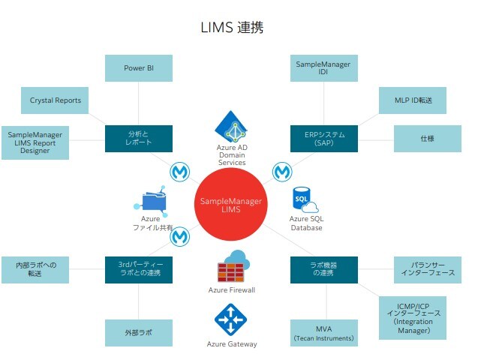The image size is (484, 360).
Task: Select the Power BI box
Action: (139, 68)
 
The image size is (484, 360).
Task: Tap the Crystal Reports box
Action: (56, 99)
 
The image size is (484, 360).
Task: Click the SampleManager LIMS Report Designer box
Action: (35, 142)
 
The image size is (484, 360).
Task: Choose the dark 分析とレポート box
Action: (139, 138)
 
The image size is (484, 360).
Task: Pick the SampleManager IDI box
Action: (323, 68)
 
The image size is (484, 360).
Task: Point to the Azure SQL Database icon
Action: (305, 200)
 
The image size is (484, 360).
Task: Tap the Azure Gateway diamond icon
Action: (231, 319)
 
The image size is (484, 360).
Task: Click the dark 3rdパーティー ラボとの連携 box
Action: (139, 269)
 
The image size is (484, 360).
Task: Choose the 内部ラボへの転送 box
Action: (35, 269)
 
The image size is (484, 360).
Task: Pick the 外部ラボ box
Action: (139, 332)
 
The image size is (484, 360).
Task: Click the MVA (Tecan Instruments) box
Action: (323, 332)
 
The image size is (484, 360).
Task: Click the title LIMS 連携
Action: (232, 28)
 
